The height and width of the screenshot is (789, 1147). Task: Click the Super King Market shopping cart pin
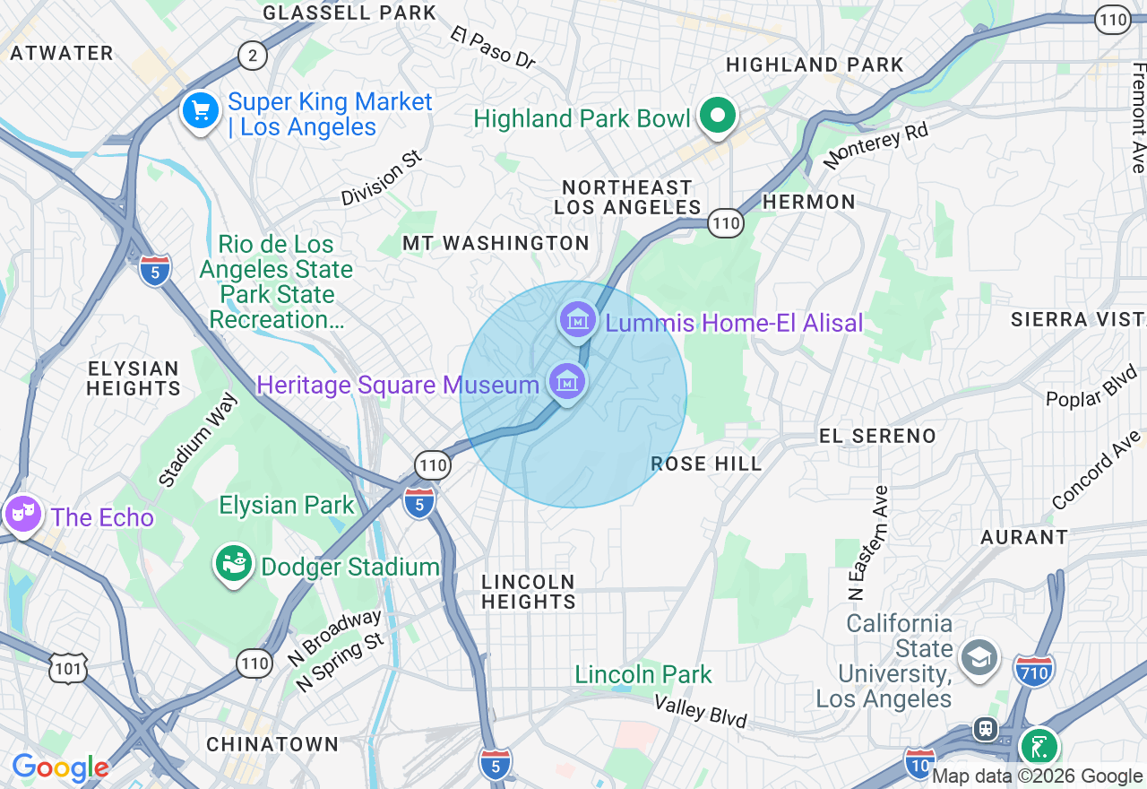(201, 112)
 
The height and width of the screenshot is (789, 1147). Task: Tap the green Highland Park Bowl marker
(717, 116)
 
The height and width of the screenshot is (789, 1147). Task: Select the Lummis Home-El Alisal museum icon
(578, 319)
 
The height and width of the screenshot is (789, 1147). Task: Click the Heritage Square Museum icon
(567, 383)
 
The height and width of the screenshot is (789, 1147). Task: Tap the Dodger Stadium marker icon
(234, 564)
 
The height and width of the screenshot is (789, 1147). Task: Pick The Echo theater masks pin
(22, 514)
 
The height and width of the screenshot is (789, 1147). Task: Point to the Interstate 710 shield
(1034, 669)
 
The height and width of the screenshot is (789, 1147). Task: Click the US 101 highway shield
(69, 669)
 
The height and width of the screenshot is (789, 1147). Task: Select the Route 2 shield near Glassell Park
(253, 56)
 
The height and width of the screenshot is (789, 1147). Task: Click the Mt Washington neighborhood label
(496, 243)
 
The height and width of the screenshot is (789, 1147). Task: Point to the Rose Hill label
(706, 464)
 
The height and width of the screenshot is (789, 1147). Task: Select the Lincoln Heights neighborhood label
(529, 592)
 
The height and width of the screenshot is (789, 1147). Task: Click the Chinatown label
(272, 744)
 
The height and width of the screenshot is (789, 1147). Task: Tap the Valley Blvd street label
(700, 712)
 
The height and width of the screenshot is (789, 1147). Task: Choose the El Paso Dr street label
(494, 48)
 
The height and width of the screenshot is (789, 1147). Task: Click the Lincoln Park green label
(643, 674)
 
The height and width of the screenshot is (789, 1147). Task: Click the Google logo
(60, 767)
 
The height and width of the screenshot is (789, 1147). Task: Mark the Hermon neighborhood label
(808, 202)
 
